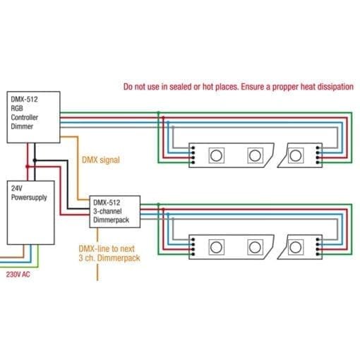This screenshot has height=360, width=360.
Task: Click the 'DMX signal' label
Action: (x=101, y=160)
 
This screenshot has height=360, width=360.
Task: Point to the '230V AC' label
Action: (x=18, y=275)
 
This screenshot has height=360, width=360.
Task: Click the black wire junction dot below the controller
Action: (x=35, y=160)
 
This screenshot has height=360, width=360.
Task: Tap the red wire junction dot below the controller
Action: (x=28, y=167)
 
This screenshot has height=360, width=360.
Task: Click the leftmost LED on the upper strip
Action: (x=216, y=155)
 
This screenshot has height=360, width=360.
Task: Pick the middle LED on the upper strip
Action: (x=255, y=155)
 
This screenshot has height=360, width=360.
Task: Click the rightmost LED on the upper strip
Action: (x=295, y=155)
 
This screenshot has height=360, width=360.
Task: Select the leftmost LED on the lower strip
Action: (x=216, y=247)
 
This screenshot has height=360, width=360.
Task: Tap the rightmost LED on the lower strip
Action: (x=295, y=247)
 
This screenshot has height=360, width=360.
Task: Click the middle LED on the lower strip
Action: (x=255, y=247)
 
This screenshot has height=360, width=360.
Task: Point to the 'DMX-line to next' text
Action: (x=107, y=248)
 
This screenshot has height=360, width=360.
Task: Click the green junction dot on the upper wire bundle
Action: (x=159, y=113)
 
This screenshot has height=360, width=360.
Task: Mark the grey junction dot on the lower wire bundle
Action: (x=173, y=219)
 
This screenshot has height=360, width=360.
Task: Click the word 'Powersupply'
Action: (x=29, y=198)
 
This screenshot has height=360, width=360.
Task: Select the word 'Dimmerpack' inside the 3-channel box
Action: (x=111, y=220)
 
